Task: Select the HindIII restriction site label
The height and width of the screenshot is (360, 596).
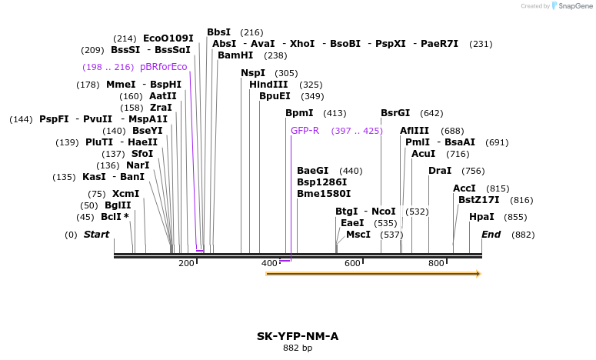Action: point(268,85)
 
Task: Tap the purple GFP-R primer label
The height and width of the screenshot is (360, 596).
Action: point(305,131)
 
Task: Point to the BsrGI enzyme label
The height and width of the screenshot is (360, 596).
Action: point(395,113)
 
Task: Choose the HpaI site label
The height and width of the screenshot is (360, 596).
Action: point(481,217)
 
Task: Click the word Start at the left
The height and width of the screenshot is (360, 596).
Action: point(97,234)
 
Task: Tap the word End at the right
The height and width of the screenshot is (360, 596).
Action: point(491,234)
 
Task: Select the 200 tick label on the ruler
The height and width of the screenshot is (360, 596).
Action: point(187,263)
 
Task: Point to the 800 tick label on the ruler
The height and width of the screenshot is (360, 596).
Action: point(436,263)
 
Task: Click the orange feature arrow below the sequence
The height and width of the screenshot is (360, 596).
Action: point(373,273)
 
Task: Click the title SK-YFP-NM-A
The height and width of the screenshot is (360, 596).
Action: point(298,336)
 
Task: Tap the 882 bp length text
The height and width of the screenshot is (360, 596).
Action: point(298,348)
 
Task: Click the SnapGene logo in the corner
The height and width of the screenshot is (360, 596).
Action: point(571,6)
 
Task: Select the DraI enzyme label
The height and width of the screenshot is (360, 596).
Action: point(440,171)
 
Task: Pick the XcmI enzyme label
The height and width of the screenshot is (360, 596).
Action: point(125,194)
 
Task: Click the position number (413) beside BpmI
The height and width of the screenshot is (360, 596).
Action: point(335,113)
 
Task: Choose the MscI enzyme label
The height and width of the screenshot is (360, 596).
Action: point(358,235)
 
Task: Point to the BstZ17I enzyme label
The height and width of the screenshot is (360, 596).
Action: point(479,200)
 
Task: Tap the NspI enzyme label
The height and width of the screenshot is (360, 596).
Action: point(253,73)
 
